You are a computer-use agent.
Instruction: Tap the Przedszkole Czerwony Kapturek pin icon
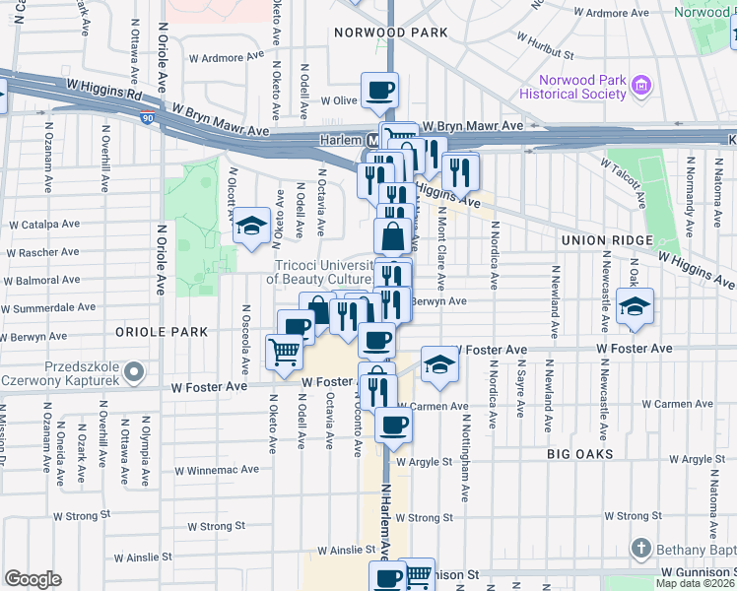coord(136,373)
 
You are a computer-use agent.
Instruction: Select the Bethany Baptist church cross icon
coord(641,548)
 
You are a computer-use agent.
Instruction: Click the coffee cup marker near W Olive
coord(379,92)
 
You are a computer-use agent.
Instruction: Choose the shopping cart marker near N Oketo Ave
coord(284,350)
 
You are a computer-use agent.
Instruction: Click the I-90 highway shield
coord(147,118)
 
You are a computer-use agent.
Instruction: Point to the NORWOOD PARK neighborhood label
coord(390,33)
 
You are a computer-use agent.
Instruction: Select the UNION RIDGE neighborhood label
coord(606,240)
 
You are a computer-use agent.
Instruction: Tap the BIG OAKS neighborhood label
coord(580,454)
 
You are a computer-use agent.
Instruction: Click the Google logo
coord(33,579)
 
